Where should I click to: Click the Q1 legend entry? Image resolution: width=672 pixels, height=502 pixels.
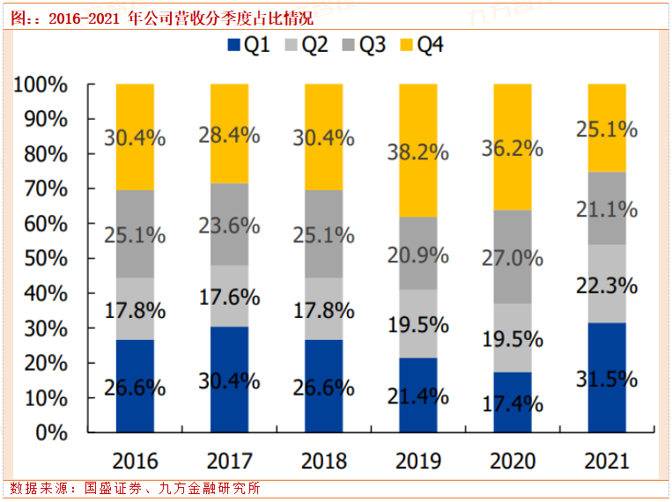pyautogui.click(x=248, y=45)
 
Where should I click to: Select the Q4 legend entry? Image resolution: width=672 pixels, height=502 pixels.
pyautogui.click(x=422, y=45)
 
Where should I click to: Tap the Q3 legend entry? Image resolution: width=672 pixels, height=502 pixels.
pyautogui.click(x=364, y=45)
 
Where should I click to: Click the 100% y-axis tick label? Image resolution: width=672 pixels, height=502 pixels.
pyautogui.click(x=41, y=85)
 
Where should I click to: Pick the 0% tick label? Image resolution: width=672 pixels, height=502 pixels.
pyautogui.click(x=51, y=432)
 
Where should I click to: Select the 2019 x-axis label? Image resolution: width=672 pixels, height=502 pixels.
pyautogui.click(x=418, y=461)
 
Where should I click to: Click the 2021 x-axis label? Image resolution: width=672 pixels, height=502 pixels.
pyautogui.click(x=607, y=461)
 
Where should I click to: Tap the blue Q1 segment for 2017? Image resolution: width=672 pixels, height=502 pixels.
pyautogui.click(x=229, y=380)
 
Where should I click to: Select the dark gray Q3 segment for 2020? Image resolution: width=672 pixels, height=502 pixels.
pyautogui.click(x=512, y=256)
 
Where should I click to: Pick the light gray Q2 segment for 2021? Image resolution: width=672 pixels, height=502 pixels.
pyautogui.click(x=606, y=284)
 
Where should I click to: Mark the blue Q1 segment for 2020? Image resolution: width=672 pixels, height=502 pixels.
pyautogui.click(x=512, y=402)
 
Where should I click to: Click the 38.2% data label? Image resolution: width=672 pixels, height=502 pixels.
pyautogui.click(x=418, y=152)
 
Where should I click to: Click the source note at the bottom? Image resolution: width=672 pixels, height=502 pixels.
pyautogui.click(x=136, y=488)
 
